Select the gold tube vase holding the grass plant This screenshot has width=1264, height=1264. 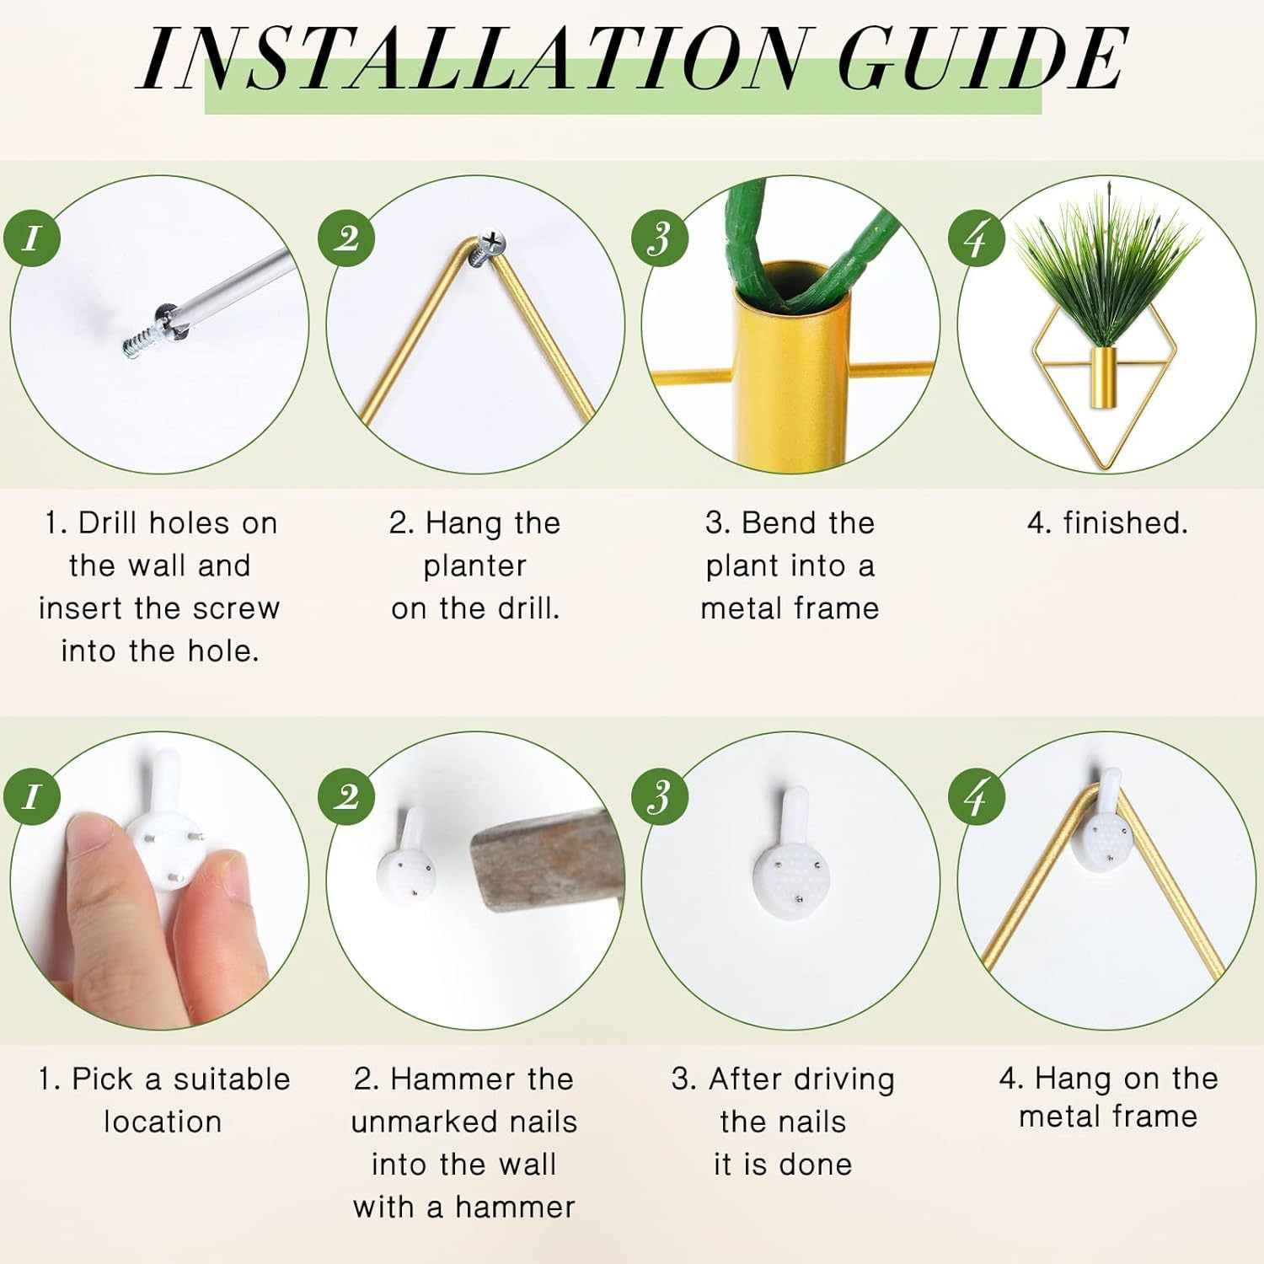pos(1103,377)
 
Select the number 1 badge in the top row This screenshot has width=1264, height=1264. pos(32,238)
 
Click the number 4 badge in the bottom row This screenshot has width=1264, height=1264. pos(977,796)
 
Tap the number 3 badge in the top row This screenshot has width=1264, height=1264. pos(660,238)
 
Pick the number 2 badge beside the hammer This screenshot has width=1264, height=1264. pos(346,796)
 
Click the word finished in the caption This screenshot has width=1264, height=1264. pos(1125,523)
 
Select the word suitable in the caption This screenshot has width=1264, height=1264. pos(232,1079)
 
